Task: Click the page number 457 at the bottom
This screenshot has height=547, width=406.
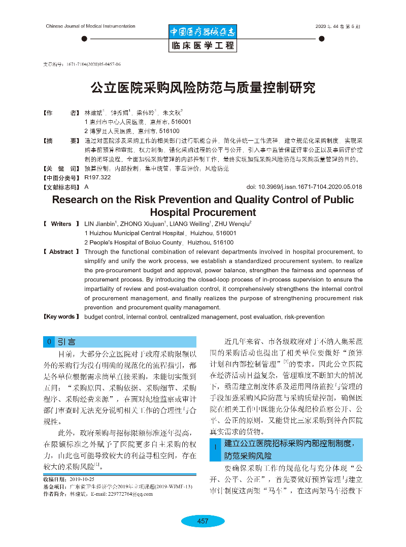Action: (x=202, y=521)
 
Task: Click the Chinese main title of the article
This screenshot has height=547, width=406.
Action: (x=202, y=88)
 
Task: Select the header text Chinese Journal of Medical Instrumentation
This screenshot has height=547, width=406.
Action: (x=90, y=26)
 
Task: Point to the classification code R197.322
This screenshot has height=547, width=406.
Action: (x=98, y=178)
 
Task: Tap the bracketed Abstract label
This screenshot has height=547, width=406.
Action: (x=61, y=252)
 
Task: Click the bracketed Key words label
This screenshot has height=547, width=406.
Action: (x=61, y=317)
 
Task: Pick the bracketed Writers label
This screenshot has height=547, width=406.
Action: (x=61, y=223)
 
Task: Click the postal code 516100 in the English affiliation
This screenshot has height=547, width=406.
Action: (x=222, y=242)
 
